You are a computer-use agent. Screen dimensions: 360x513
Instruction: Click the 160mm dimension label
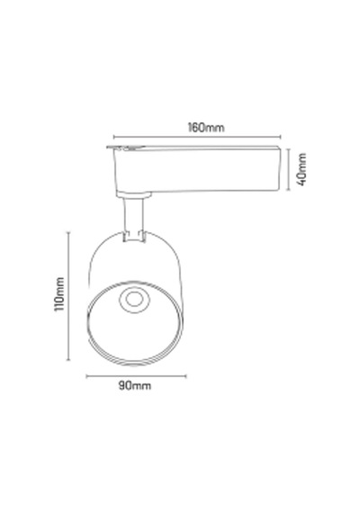click(206, 128)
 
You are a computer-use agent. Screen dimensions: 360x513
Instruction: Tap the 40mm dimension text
click(301, 169)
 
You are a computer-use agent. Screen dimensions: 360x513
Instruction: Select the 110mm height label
click(59, 294)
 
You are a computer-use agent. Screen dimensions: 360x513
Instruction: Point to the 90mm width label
click(135, 386)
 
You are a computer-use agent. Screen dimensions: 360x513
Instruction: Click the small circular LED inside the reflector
click(133, 300)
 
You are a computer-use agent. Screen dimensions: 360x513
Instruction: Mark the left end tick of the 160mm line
click(113, 137)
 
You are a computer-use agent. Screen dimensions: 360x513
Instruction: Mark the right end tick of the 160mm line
click(281, 137)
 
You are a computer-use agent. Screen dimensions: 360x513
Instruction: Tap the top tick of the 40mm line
click(288, 149)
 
